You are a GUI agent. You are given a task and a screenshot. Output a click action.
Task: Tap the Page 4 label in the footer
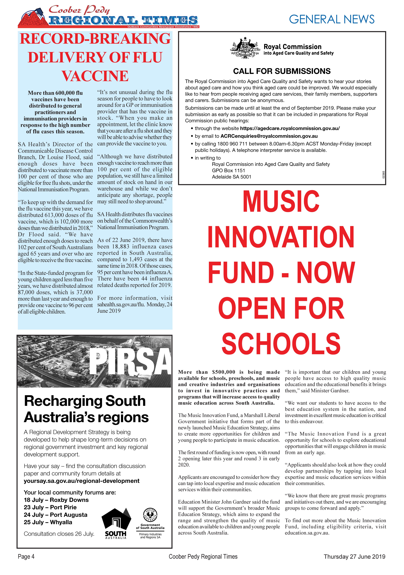pyautogui.click(x=26, y=563)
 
